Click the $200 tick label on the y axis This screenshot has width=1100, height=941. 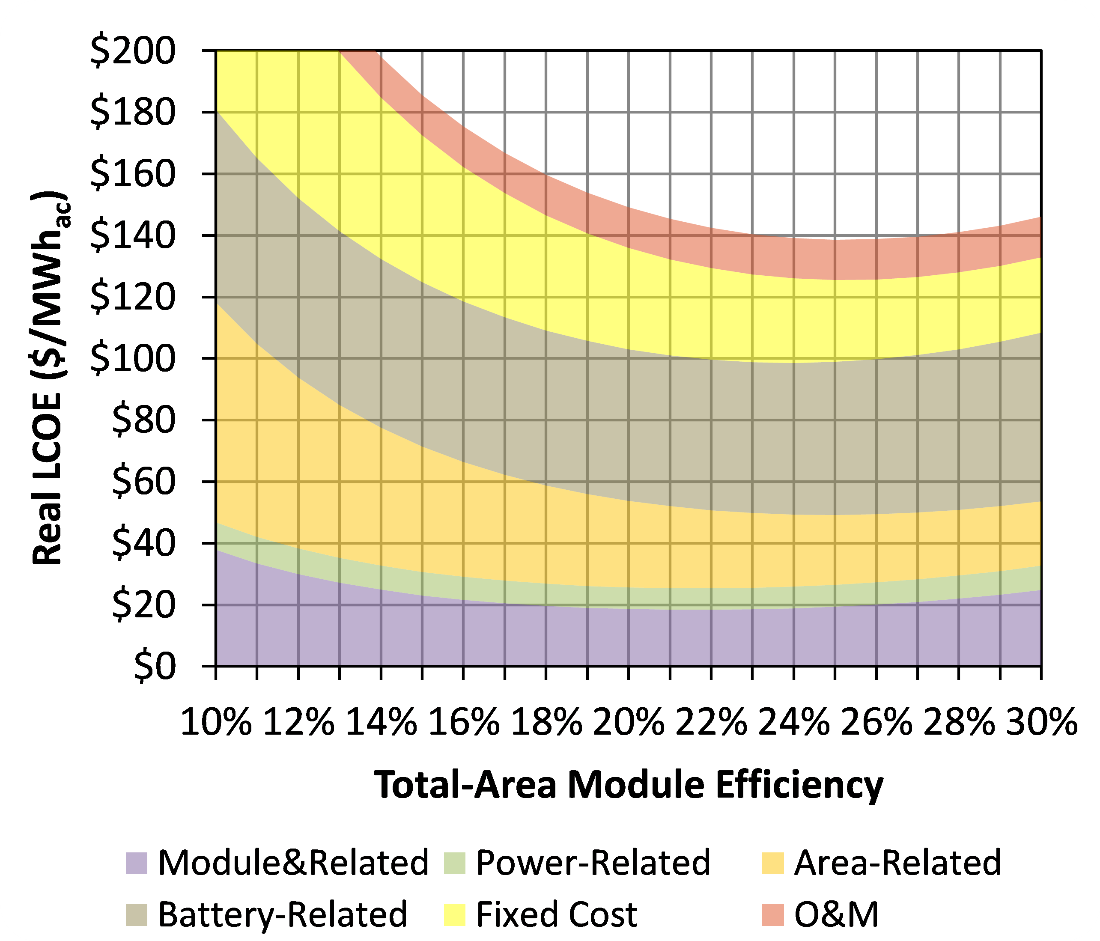click(x=133, y=51)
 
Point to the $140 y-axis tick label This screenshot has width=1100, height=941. click(x=133, y=235)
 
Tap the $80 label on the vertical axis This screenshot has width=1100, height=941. click(x=143, y=420)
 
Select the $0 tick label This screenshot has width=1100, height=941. click(x=155, y=667)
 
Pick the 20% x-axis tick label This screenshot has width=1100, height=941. click(x=629, y=722)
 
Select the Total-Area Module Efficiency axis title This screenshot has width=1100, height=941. click(x=629, y=785)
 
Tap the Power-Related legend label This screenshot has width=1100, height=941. click(x=593, y=863)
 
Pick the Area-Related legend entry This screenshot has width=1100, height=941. click(x=897, y=863)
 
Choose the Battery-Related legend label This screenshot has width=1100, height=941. click(x=283, y=914)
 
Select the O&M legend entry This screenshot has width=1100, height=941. click(x=836, y=914)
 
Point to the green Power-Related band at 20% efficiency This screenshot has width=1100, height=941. click(x=629, y=598)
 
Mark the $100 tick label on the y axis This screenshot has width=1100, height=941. click(x=133, y=359)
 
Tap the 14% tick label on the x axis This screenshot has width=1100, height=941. click(x=381, y=722)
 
